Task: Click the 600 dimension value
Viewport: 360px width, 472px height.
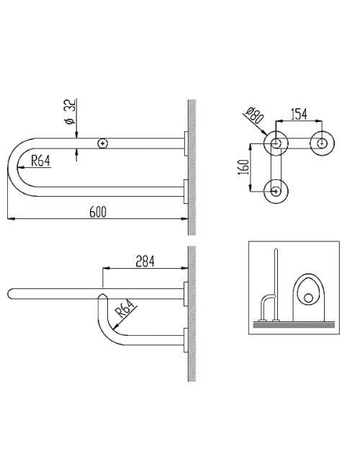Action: [98, 212]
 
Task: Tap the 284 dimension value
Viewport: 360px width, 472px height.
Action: [145, 262]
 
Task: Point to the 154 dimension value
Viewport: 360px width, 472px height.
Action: [299, 114]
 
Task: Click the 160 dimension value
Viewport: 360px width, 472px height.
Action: [245, 166]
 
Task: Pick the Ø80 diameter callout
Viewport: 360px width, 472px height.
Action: [254, 115]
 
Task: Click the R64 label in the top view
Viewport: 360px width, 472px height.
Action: [40, 161]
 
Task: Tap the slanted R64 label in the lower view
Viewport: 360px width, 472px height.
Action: [125, 308]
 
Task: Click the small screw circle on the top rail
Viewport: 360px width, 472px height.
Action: [103, 143]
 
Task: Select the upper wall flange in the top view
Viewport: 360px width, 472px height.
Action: [186, 143]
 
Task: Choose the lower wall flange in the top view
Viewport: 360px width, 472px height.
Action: [186, 192]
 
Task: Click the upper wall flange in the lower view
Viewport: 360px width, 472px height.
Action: [186, 294]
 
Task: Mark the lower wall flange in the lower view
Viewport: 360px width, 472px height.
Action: [186, 340]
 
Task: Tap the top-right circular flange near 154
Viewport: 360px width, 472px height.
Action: [322, 143]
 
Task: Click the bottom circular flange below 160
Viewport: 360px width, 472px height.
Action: [276, 191]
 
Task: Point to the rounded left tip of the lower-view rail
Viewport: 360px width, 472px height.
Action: [9, 294]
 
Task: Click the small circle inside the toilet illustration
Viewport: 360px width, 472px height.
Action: [308, 298]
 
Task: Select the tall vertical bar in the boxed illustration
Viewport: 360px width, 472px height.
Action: [276, 284]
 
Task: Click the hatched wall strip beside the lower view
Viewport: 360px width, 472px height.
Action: [192, 313]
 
